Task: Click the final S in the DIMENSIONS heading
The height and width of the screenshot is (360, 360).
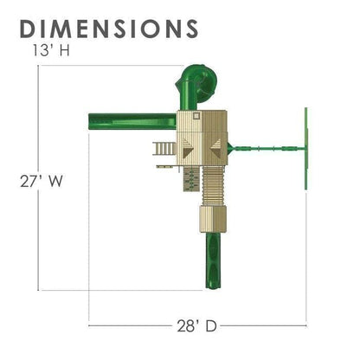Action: [x=190, y=29]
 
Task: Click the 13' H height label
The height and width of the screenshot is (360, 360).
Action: [x=51, y=50]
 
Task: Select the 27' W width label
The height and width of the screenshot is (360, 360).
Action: [x=42, y=181]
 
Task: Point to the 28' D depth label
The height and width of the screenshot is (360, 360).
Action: [x=196, y=326]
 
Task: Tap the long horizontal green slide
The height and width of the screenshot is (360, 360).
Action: [x=132, y=121]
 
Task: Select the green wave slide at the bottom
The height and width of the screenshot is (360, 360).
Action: [x=214, y=260]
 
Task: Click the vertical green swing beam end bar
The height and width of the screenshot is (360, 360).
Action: [x=306, y=149]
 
